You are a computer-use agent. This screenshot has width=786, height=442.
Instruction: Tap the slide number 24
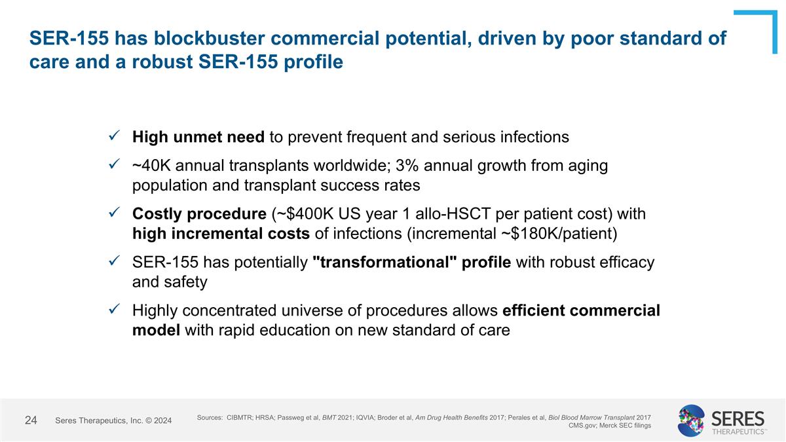coord(31,420)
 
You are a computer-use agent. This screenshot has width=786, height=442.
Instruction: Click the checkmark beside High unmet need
coord(113,137)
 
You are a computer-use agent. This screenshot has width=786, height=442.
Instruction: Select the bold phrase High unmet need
coord(198,137)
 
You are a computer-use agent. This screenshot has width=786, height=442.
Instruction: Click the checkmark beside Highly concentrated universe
coord(113,310)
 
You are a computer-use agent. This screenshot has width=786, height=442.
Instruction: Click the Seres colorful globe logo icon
coord(692,420)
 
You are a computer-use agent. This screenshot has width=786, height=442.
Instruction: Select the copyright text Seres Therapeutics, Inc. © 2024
coord(113,420)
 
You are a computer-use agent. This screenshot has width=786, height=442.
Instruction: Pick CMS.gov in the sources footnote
coord(584,426)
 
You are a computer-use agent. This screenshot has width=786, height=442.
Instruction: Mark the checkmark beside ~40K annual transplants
coord(113,166)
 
